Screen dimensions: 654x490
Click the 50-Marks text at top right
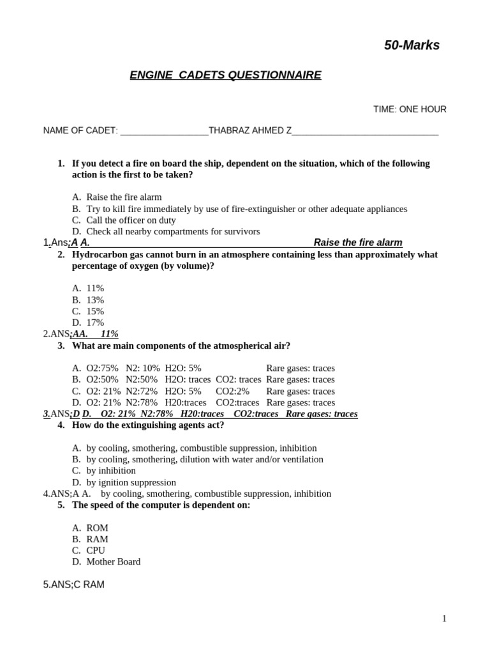pyautogui.click(x=412, y=45)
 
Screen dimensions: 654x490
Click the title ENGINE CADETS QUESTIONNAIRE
pyautogui.click(x=225, y=75)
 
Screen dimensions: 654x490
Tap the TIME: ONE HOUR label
pyautogui.click(x=410, y=109)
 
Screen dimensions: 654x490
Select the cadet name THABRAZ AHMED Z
pyautogui.click(x=249, y=130)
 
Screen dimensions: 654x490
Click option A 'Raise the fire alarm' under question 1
pyautogui.click(x=124, y=197)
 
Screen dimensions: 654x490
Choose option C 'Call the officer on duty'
pyautogui.click(x=131, y=220)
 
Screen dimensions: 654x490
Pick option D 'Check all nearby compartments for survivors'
pyautogui.click(x=173, y=231)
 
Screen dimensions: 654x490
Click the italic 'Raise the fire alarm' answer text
pyautogui.click(x=358, y=243)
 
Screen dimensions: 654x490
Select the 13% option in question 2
pyautogui.click(x=95, y=300)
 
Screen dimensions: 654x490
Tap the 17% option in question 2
pyautogui.click(x=95, y=323)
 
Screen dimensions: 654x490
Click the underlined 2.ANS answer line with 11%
pyautogui.click(x=80, y=334)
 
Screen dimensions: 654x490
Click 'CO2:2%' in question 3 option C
pyautogui.click(x=232, y=392)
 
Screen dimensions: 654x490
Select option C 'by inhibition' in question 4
pyautogui.click(x=111, y=471)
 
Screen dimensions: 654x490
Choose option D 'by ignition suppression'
pyautogui.click(x=131, y=483)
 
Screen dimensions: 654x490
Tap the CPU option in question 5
pyautogui.click(x=96, y=551)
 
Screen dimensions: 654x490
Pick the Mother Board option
pyautogui.click(x=113, y=562)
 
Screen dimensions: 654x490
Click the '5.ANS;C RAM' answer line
pyautogui.click(x=73, y=584)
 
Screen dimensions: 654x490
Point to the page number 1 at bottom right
pyautogui.click(x=444, y=618)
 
